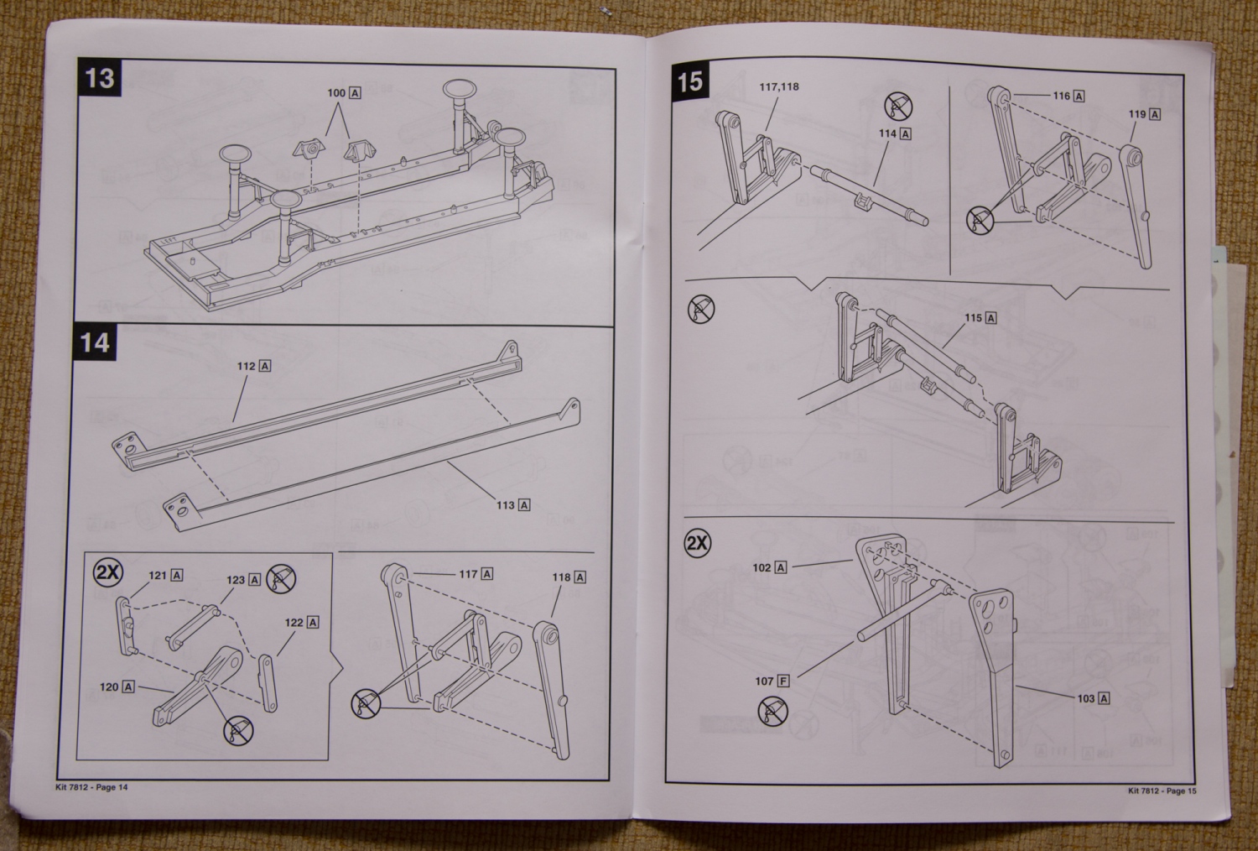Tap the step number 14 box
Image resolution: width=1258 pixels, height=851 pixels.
click(95, 342)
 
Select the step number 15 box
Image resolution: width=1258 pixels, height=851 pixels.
click(689, 81)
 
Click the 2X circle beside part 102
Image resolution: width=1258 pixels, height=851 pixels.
click(697, 543)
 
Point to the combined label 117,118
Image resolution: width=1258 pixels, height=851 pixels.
click(779, 86)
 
